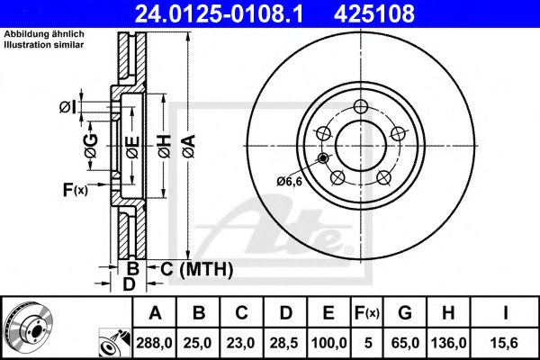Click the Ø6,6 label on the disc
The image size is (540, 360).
[288, 182]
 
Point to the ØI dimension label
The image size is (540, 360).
[67, 107]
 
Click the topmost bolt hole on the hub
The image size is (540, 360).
[361, 107]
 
